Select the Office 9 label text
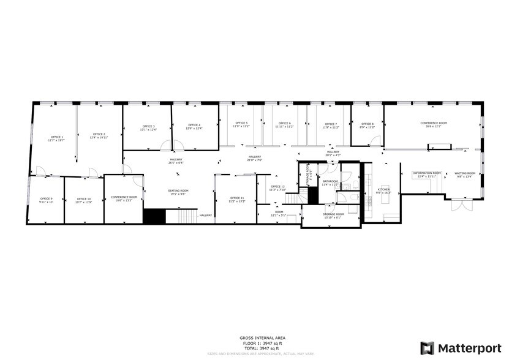[x=47, y=200]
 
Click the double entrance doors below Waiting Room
[x=460, y=204]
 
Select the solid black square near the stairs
[x=154, y=216]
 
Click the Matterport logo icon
[x=427, y=348]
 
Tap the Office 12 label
[x=277, y=188]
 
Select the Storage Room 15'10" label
[x=333, y=215]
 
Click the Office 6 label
[x=284, y=124]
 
